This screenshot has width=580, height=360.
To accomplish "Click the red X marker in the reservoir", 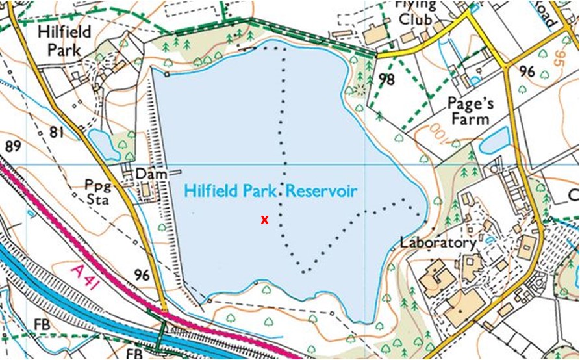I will [264, 220].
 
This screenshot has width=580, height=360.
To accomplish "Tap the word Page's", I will [471, 103].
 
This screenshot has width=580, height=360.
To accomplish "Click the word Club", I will [415, 20].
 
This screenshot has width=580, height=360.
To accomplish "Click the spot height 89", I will [13, 146].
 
